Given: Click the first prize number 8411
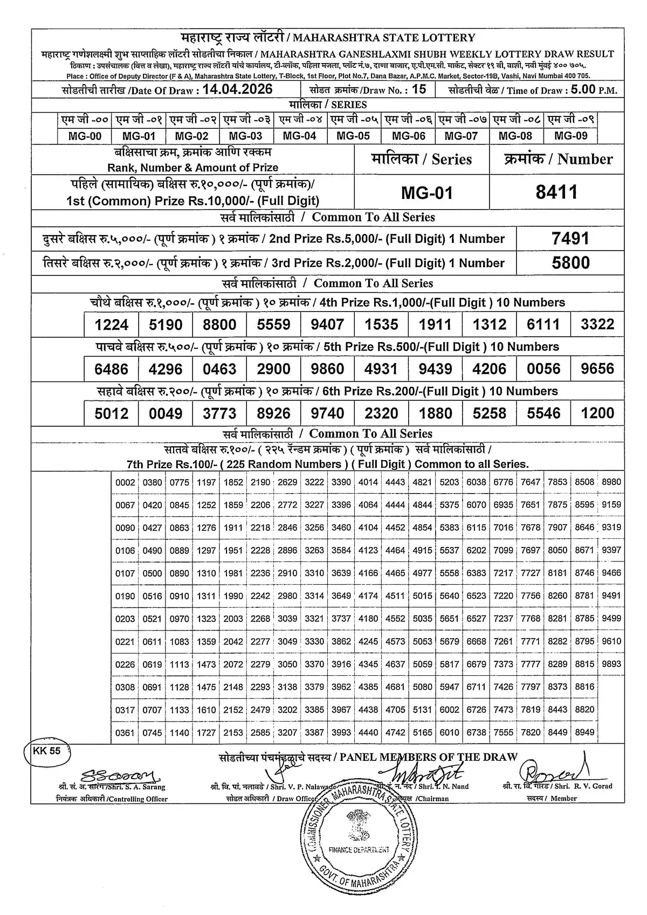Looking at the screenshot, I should (x=556, y=192).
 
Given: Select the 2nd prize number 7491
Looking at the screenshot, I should (x=570, y=238).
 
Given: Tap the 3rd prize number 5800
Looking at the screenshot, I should (x=570, y=263).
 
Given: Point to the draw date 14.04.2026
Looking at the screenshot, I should (x=237, y=89).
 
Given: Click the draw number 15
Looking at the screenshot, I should (x=418, y=89).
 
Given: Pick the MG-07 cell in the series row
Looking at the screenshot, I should (x=462, y=136).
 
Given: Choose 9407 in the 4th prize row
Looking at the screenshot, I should (x=327, y=324).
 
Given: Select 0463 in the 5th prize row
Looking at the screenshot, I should (x=219, y=369).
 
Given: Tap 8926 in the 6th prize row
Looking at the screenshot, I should (x=273, y=413).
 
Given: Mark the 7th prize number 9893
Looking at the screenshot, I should (x=611, y=664).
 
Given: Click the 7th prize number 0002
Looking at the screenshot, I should (x=125, y=482).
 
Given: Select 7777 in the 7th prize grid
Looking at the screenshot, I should (x=531, y=664).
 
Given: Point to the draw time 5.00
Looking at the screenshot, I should (x=582, y=89).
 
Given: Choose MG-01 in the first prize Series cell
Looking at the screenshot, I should (x=427, y=192).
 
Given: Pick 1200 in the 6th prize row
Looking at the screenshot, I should (x=597, y=413).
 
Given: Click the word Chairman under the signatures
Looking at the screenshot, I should (x=432, y=799).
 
